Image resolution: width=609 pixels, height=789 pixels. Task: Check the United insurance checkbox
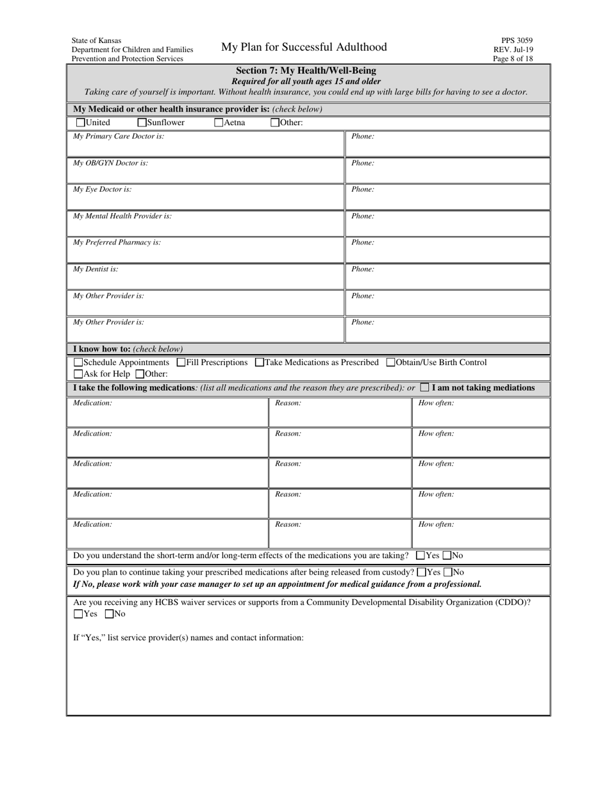(80, 123)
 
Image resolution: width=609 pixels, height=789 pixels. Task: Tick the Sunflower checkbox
(142, 123)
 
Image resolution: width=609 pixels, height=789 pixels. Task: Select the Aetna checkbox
(219, 123)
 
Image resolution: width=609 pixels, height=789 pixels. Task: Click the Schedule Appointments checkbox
(78, 362)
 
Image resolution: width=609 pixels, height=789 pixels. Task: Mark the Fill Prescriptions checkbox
(181, 362)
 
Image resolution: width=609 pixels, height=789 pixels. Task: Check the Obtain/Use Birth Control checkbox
(390, 362)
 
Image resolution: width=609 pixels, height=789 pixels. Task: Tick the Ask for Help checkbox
(78, 374)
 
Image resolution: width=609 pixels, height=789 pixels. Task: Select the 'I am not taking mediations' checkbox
(424, 387)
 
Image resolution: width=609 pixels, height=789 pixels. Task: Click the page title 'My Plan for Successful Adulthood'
(304, 47)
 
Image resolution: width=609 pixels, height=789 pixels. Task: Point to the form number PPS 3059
(517, 40)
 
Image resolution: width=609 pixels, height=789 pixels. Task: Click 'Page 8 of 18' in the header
(513, 58)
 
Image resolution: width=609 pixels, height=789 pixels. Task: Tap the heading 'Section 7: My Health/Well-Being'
(306, 71)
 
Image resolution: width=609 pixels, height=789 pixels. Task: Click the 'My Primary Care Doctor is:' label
(119, 137)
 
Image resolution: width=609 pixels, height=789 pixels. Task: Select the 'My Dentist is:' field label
(96, 269)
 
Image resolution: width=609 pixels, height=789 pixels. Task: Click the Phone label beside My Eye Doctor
(362, 190)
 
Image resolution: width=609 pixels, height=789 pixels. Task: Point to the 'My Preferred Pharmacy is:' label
(117, 242)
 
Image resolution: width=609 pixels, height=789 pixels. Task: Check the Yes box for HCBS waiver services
(78, 614)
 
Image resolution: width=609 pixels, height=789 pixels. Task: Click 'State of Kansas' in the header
(96, 40)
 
